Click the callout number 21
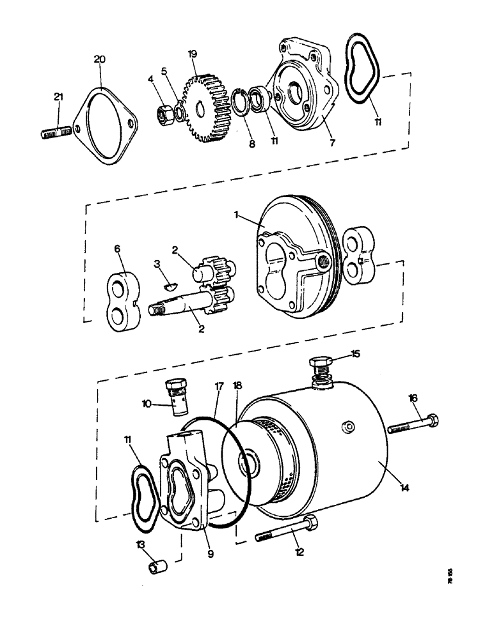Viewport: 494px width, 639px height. pos(58,96)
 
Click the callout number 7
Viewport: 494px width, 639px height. pos(331,143)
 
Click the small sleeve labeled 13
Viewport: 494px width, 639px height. pos(157,567)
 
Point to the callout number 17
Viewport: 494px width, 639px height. pos(219,386)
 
